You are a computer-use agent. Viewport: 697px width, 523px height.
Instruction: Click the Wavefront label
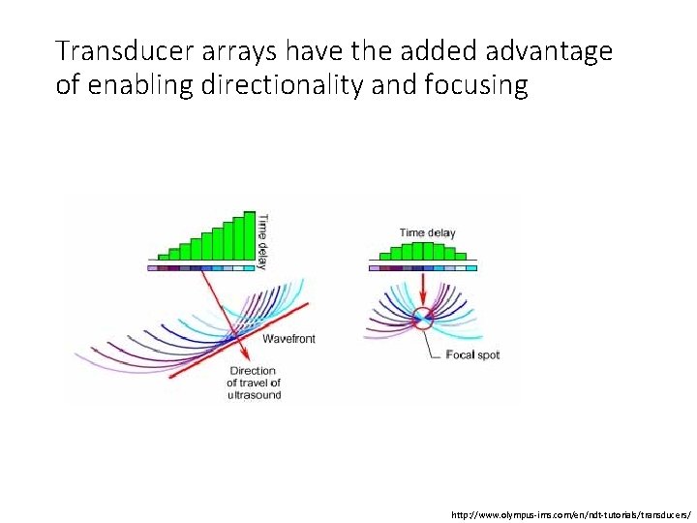[288, 338]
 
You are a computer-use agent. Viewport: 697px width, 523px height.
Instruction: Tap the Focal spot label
[473, 355]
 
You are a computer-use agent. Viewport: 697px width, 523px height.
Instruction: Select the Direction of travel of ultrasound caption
[254, 383]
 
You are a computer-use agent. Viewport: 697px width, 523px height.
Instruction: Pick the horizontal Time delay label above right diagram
[427, 233]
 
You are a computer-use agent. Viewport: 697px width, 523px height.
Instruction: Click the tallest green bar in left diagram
[250, 236]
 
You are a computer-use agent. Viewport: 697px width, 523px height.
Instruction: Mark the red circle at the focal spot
[422, 319]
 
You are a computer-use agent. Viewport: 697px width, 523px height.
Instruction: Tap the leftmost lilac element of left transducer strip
[152, 268]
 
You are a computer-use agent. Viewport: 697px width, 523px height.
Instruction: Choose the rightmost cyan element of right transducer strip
[471, 268]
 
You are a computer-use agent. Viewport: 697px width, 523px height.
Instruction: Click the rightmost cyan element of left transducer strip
[250, 268]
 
